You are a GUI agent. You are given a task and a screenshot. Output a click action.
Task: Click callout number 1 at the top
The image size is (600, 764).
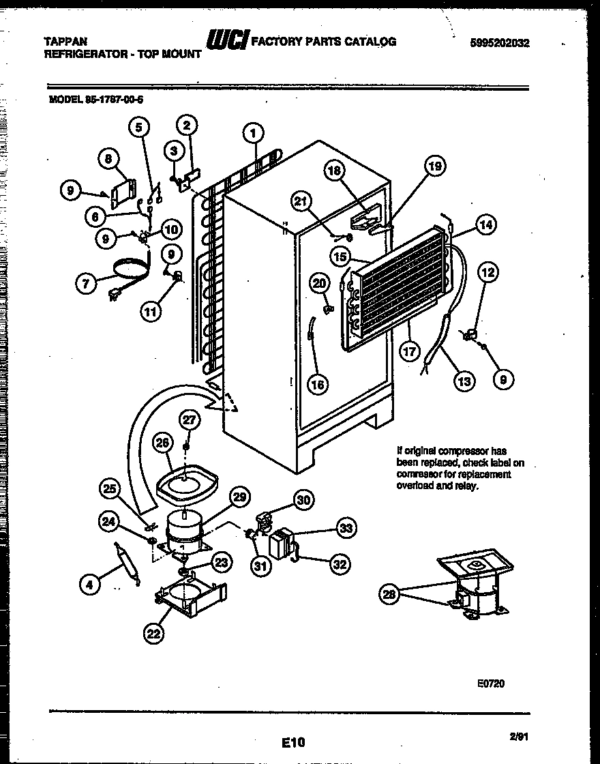pyautogui.click(x=253, y=132)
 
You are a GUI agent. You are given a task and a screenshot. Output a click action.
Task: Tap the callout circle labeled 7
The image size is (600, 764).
pyautogui.click(x=86, y=284)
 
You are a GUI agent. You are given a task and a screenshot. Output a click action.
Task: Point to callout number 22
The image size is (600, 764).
pyautogui.click(x=153, y=634)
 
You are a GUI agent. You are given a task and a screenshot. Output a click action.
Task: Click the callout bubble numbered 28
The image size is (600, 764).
pyautogui.click(x=389, y=594)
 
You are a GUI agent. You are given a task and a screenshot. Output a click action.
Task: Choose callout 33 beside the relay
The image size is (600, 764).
pyautogui.click(x=347, y=529)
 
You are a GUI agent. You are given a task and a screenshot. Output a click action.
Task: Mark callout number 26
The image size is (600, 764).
pyautogui.click(x=162, y=443)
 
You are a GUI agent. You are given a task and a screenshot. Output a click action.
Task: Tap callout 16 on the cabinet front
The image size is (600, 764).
pyautogui.click(x=318, y=384)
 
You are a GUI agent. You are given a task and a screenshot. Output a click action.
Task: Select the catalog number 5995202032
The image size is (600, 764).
pyautogui.click(x=500, y=42)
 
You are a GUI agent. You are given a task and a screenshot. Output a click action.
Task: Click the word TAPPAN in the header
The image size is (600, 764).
pyautogui.click(x=65, y=42)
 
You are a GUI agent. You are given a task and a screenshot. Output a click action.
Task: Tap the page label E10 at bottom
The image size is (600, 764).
pyautogui.click(x=293, y=741)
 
